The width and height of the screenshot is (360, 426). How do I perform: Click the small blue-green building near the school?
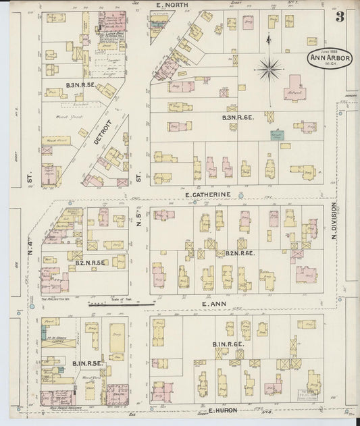(286, 135)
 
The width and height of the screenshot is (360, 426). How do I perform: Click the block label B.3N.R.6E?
(238, 117)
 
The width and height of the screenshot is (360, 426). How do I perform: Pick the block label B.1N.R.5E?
(88, 364)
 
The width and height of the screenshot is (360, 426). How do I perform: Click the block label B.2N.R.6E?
(236, 253)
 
